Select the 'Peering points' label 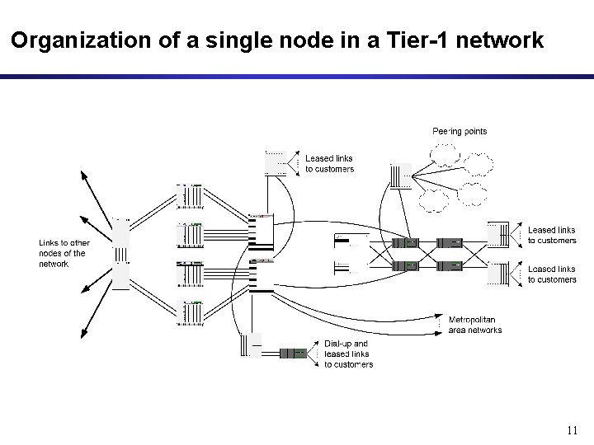460,131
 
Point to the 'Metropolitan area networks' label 474,325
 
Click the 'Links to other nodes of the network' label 64,253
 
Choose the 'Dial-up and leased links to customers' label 348,354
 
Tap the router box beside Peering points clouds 400,176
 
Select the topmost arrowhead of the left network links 82,173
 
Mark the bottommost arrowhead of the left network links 82,333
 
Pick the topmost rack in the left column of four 190,197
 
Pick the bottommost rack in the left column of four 190,313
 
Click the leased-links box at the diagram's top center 276,162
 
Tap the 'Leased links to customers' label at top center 329,163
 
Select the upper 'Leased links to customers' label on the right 552,235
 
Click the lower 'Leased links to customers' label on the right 552,274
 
